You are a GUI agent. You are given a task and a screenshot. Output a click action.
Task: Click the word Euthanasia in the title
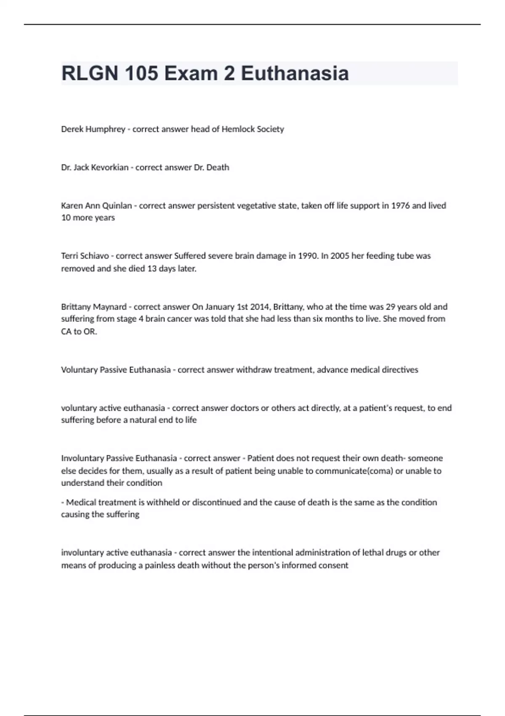click(295, 73)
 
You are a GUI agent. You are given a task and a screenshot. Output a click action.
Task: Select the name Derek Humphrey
click(93, 129)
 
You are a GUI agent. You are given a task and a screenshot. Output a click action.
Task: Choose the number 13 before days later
click(151, 269)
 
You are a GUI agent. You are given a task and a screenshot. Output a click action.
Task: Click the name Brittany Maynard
click(94, 307)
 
